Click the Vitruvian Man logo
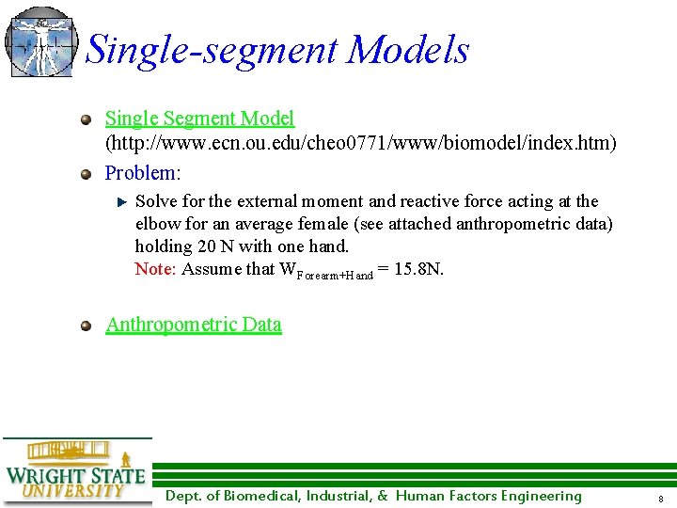39,41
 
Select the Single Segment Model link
199,119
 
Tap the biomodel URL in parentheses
361,143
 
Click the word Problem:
142,173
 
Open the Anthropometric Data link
194,325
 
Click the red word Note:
156,269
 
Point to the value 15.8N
419,269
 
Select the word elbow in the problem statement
156,224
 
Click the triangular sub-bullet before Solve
120,201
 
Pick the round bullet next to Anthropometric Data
87,325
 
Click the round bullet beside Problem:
87,174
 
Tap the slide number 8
661,498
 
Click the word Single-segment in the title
211,50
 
